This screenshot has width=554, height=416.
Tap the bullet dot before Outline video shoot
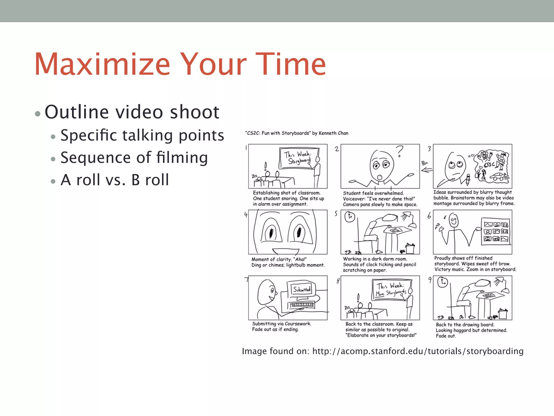[x=38, y=113]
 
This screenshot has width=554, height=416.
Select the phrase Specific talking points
[x=142, y=135]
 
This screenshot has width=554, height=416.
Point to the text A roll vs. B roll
[x=115, y=180]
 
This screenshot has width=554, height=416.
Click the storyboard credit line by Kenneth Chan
[x=297, y=133]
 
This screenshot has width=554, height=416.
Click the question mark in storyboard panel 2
[x=399, y=151]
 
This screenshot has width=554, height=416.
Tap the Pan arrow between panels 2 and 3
[x=426, y=170]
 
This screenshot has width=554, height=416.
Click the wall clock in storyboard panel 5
[x=350, y=217]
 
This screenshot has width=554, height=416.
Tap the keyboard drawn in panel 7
[x=302, y=305]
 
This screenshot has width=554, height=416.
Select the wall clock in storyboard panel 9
[x=443, y=282]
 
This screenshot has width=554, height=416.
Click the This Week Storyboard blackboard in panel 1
[x=299, y=158]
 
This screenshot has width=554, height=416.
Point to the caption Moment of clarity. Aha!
[x=279, y=259]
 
